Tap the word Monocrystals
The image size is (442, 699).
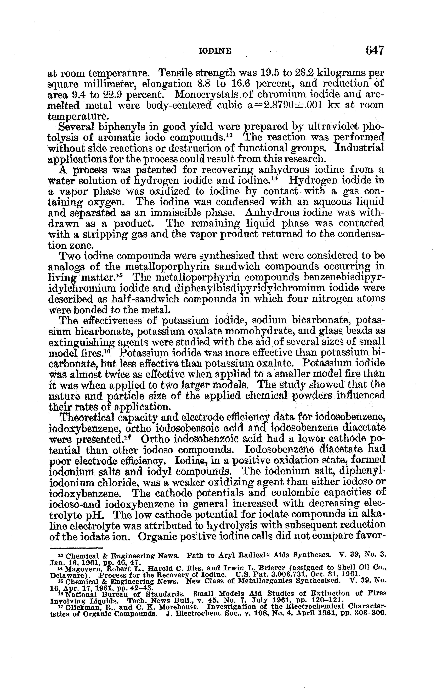(x=207, y=94)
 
